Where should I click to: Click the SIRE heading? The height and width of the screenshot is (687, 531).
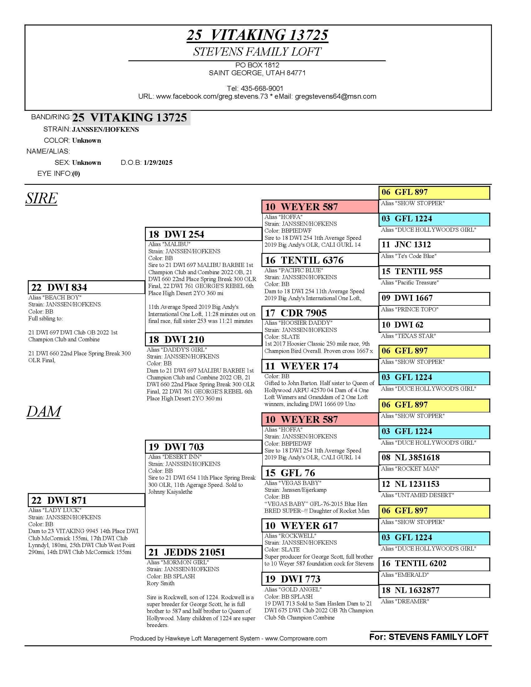click(x=41, y=198)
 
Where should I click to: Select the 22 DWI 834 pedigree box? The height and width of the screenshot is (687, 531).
click(x=86, y=287)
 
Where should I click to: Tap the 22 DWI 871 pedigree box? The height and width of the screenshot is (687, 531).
click(x=86, y=500)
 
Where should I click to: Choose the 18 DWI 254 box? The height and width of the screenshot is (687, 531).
click(x=203, y=234)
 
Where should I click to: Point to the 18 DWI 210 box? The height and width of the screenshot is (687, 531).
click(x=203, y=339)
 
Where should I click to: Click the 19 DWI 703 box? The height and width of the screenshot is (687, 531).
click(x=203, y=447)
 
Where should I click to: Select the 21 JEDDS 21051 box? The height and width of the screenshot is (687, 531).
click(x=203, y=552)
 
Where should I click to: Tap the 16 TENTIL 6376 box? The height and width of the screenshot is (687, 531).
click(x=320, y=260)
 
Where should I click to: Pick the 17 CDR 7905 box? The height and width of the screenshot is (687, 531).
click(x=320, y=313)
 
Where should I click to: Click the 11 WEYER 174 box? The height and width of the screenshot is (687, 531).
click(x=320, y=366)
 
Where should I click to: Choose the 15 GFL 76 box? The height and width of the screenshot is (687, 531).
click(x=320, y=473)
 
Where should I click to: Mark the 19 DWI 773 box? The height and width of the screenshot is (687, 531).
click(x=320, y=579)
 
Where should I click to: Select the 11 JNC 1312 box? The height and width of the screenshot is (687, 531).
click(x=434, y=245)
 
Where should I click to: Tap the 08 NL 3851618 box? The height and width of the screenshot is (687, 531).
click(x=434, y=458)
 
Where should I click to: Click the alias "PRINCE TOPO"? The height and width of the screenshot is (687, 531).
click(x=409, y=309)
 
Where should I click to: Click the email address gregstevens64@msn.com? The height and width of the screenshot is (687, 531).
click(x=335, y=96)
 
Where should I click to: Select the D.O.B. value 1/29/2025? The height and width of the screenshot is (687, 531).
click(x=158, y=163)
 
